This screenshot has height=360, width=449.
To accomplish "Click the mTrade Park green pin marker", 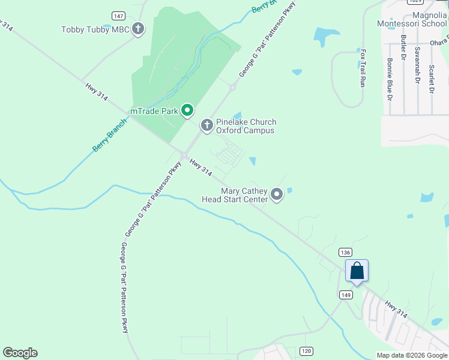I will (x=187, y=110).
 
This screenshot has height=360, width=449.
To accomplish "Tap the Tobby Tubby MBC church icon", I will (x=139, y=29).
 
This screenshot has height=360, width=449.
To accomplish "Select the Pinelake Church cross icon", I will (x=206, y=125).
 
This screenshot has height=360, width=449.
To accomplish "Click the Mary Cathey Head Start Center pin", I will (x=277, y=194).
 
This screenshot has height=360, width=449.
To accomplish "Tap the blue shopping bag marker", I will (x=357, y=271).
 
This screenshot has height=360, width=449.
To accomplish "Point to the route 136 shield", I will (x=345, y=253).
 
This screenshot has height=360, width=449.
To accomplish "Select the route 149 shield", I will (x=345, y=295).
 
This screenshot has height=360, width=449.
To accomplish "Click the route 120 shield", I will (x=306, y=350).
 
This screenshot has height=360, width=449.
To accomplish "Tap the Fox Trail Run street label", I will (x=363, y=68).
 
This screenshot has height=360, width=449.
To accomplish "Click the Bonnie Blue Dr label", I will (x=390, y=79).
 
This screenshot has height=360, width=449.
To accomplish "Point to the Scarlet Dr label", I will (x=431, y=77).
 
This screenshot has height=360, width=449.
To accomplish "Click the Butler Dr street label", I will (x=402, y=47).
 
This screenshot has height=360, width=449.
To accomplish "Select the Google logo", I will (x=20, y=353).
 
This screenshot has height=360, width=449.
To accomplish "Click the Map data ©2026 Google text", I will (x=412, y=355).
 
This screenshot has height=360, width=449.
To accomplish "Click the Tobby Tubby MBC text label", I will (x=96, y=29).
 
